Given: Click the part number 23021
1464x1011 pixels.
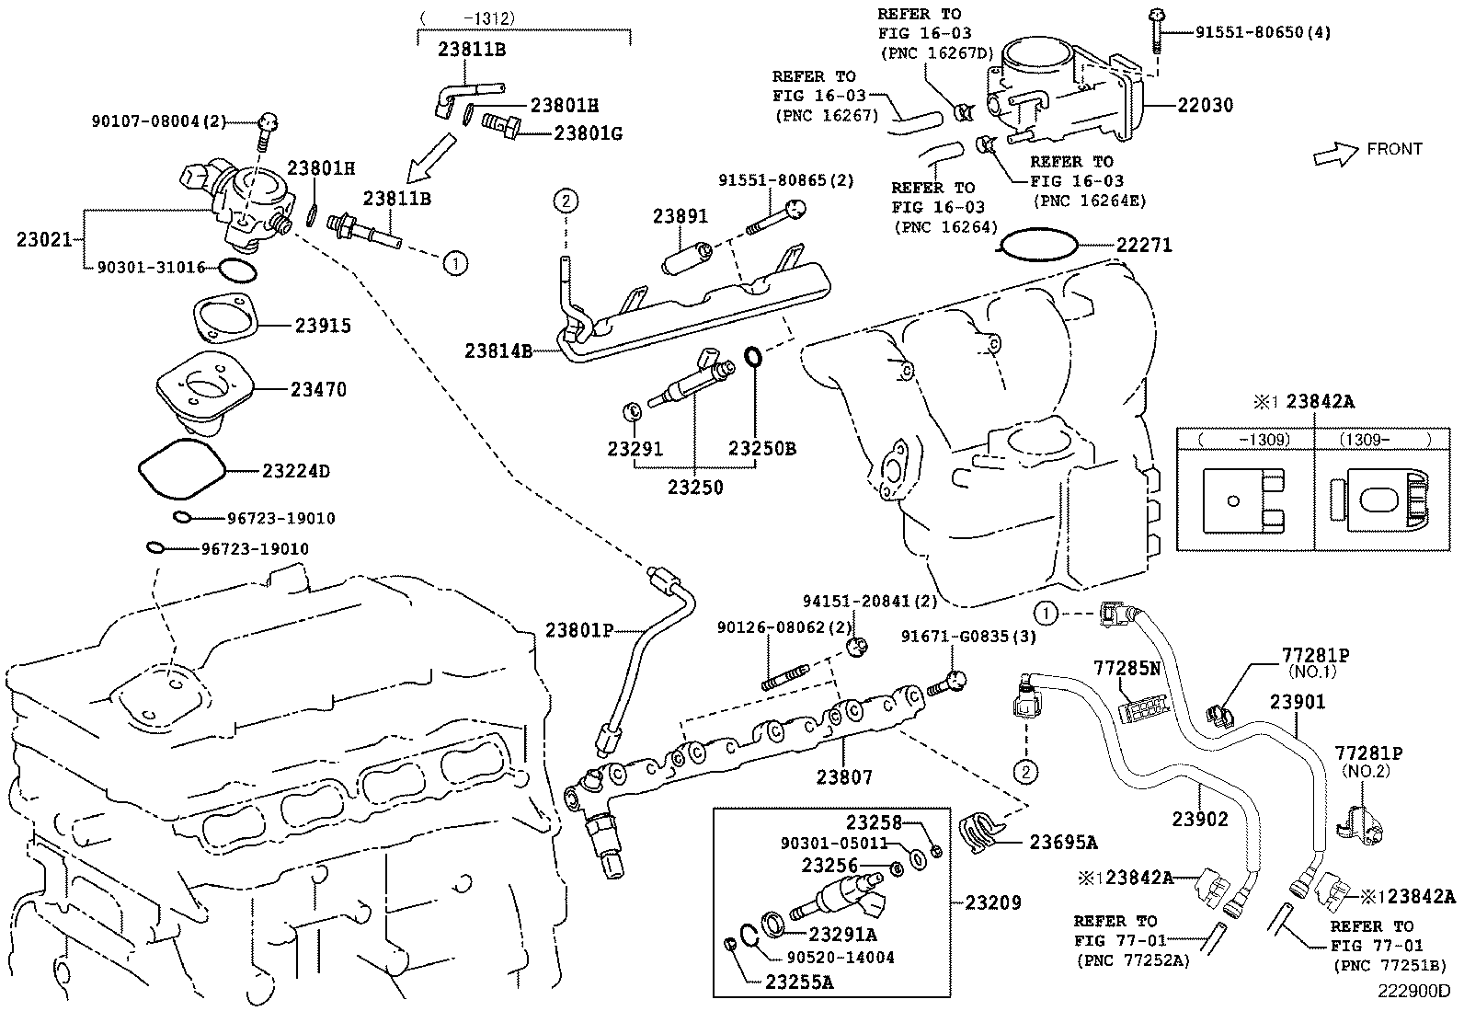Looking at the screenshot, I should point(43,240).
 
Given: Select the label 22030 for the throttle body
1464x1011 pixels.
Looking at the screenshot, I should point(1206,106).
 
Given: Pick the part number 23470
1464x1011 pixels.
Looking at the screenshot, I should point(318,390).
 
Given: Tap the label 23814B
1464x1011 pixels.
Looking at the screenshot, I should point(498,350).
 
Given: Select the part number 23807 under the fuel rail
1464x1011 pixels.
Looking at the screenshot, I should point(844,778).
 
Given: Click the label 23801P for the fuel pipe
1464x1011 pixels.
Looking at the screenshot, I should point(578,630).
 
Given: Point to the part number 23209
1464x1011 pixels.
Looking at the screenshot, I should point(993,902).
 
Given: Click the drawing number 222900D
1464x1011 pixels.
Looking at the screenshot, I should point(1413,992).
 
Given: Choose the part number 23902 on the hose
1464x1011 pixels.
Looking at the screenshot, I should point(1199,818).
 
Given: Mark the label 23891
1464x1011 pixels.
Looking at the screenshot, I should point(681,217).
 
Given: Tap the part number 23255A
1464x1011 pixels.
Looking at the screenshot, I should point(799,982).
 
